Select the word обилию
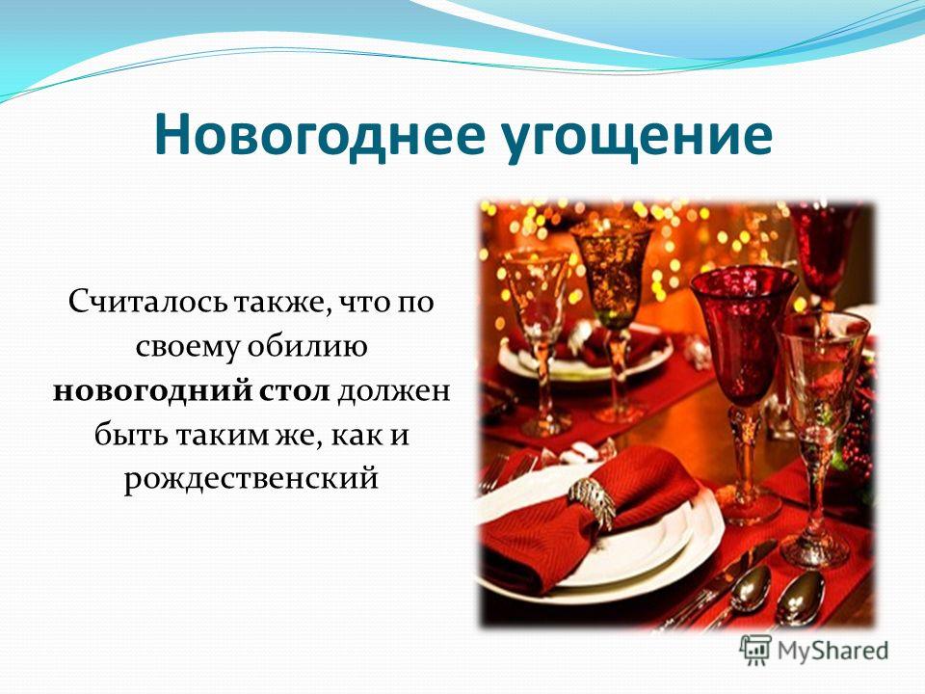pyautogui.click(x=306, y=346)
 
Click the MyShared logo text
pyautogui.click(x=832, y=651)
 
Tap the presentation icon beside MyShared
pyautogui.click(x=755, y=650)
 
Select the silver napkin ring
pyautogui.click(x=593, y=503)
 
